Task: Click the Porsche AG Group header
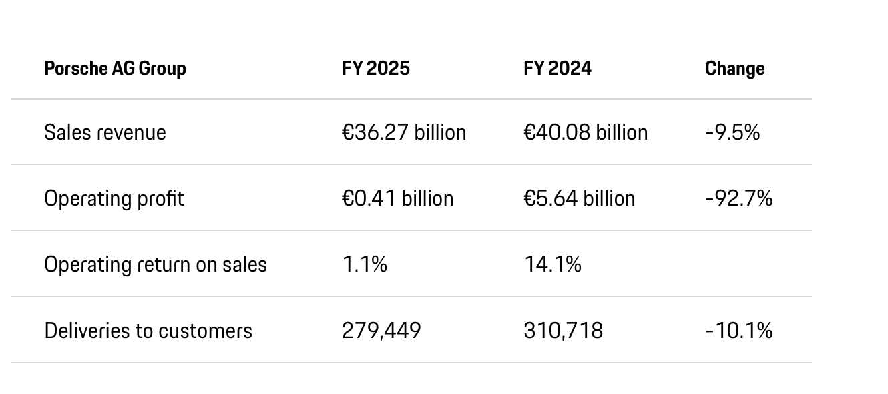click(115, 69)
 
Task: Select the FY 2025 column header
click(375, 69)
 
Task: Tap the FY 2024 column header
click(558, 69)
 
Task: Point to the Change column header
click(734, 69)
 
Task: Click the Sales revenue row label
click(105, 132)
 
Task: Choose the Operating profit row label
click(114, 198)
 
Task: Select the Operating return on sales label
click(156, 264)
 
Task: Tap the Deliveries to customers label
click(148, 331)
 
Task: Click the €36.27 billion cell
click(404, 132)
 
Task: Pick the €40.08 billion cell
click(586, 132)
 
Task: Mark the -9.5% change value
click(732, 132)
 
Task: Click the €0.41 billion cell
click(397, 198)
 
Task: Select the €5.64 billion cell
click(580, 198)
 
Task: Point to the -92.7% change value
click(738, 198)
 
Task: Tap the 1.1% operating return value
click(365, 264)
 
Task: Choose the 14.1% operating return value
click(553, 264)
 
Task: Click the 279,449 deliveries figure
click(381, 331)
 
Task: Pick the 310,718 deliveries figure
click(564, 331)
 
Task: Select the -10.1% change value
click(738, 331)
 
